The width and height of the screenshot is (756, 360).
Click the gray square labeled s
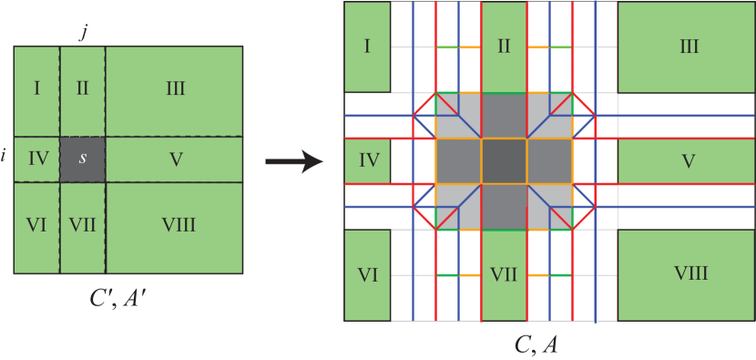pyautogui.click(x=83, y=159)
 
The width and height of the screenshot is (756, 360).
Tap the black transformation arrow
pyautogui.click(x=293, y=162)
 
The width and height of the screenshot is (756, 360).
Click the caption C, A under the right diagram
pyautogui.click(x=537, y=344)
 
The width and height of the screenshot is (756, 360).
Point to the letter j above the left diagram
pyautogui.click(x=83, y=34)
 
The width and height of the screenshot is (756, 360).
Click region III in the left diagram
pyautogui.click(x=175, y=89)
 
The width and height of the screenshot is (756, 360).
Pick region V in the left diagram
pyautogui.click(x=175, y=159)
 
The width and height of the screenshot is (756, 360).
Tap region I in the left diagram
pyautogui.click(x=36, y=89)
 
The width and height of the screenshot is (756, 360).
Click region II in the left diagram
pyautogui.click(x=83, y=89)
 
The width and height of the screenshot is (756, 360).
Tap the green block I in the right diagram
pyautogui.click(x=367, y=46)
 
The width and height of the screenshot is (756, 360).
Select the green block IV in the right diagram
pyautogui.click(x=367, y=161)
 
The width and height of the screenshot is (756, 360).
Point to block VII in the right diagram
pyautogui.click(x=504, y=274)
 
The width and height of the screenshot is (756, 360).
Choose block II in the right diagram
pyautogui.click(x=504, y=46)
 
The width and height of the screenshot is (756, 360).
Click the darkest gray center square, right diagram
pyautogui.click(x=504, y=161)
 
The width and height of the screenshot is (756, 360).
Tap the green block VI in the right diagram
pyautogui.click(x=367, y=274)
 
